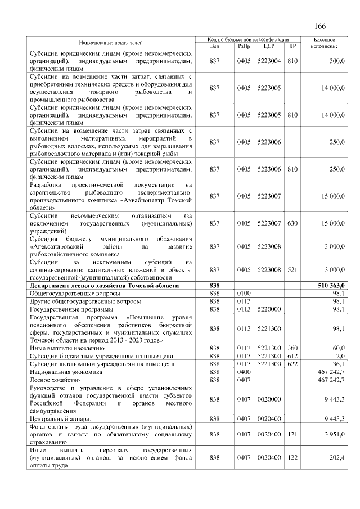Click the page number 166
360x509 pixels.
[320, 26]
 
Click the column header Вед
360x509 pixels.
[214, 46]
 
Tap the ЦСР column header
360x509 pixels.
[268, 46]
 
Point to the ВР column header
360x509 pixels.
[291, 46]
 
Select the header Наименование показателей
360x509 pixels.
[111, 43]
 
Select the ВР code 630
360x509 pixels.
[292, 223]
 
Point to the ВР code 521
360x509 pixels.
[292, 270]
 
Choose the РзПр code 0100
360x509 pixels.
[244, 294]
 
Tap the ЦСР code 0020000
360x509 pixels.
[268, 399]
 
